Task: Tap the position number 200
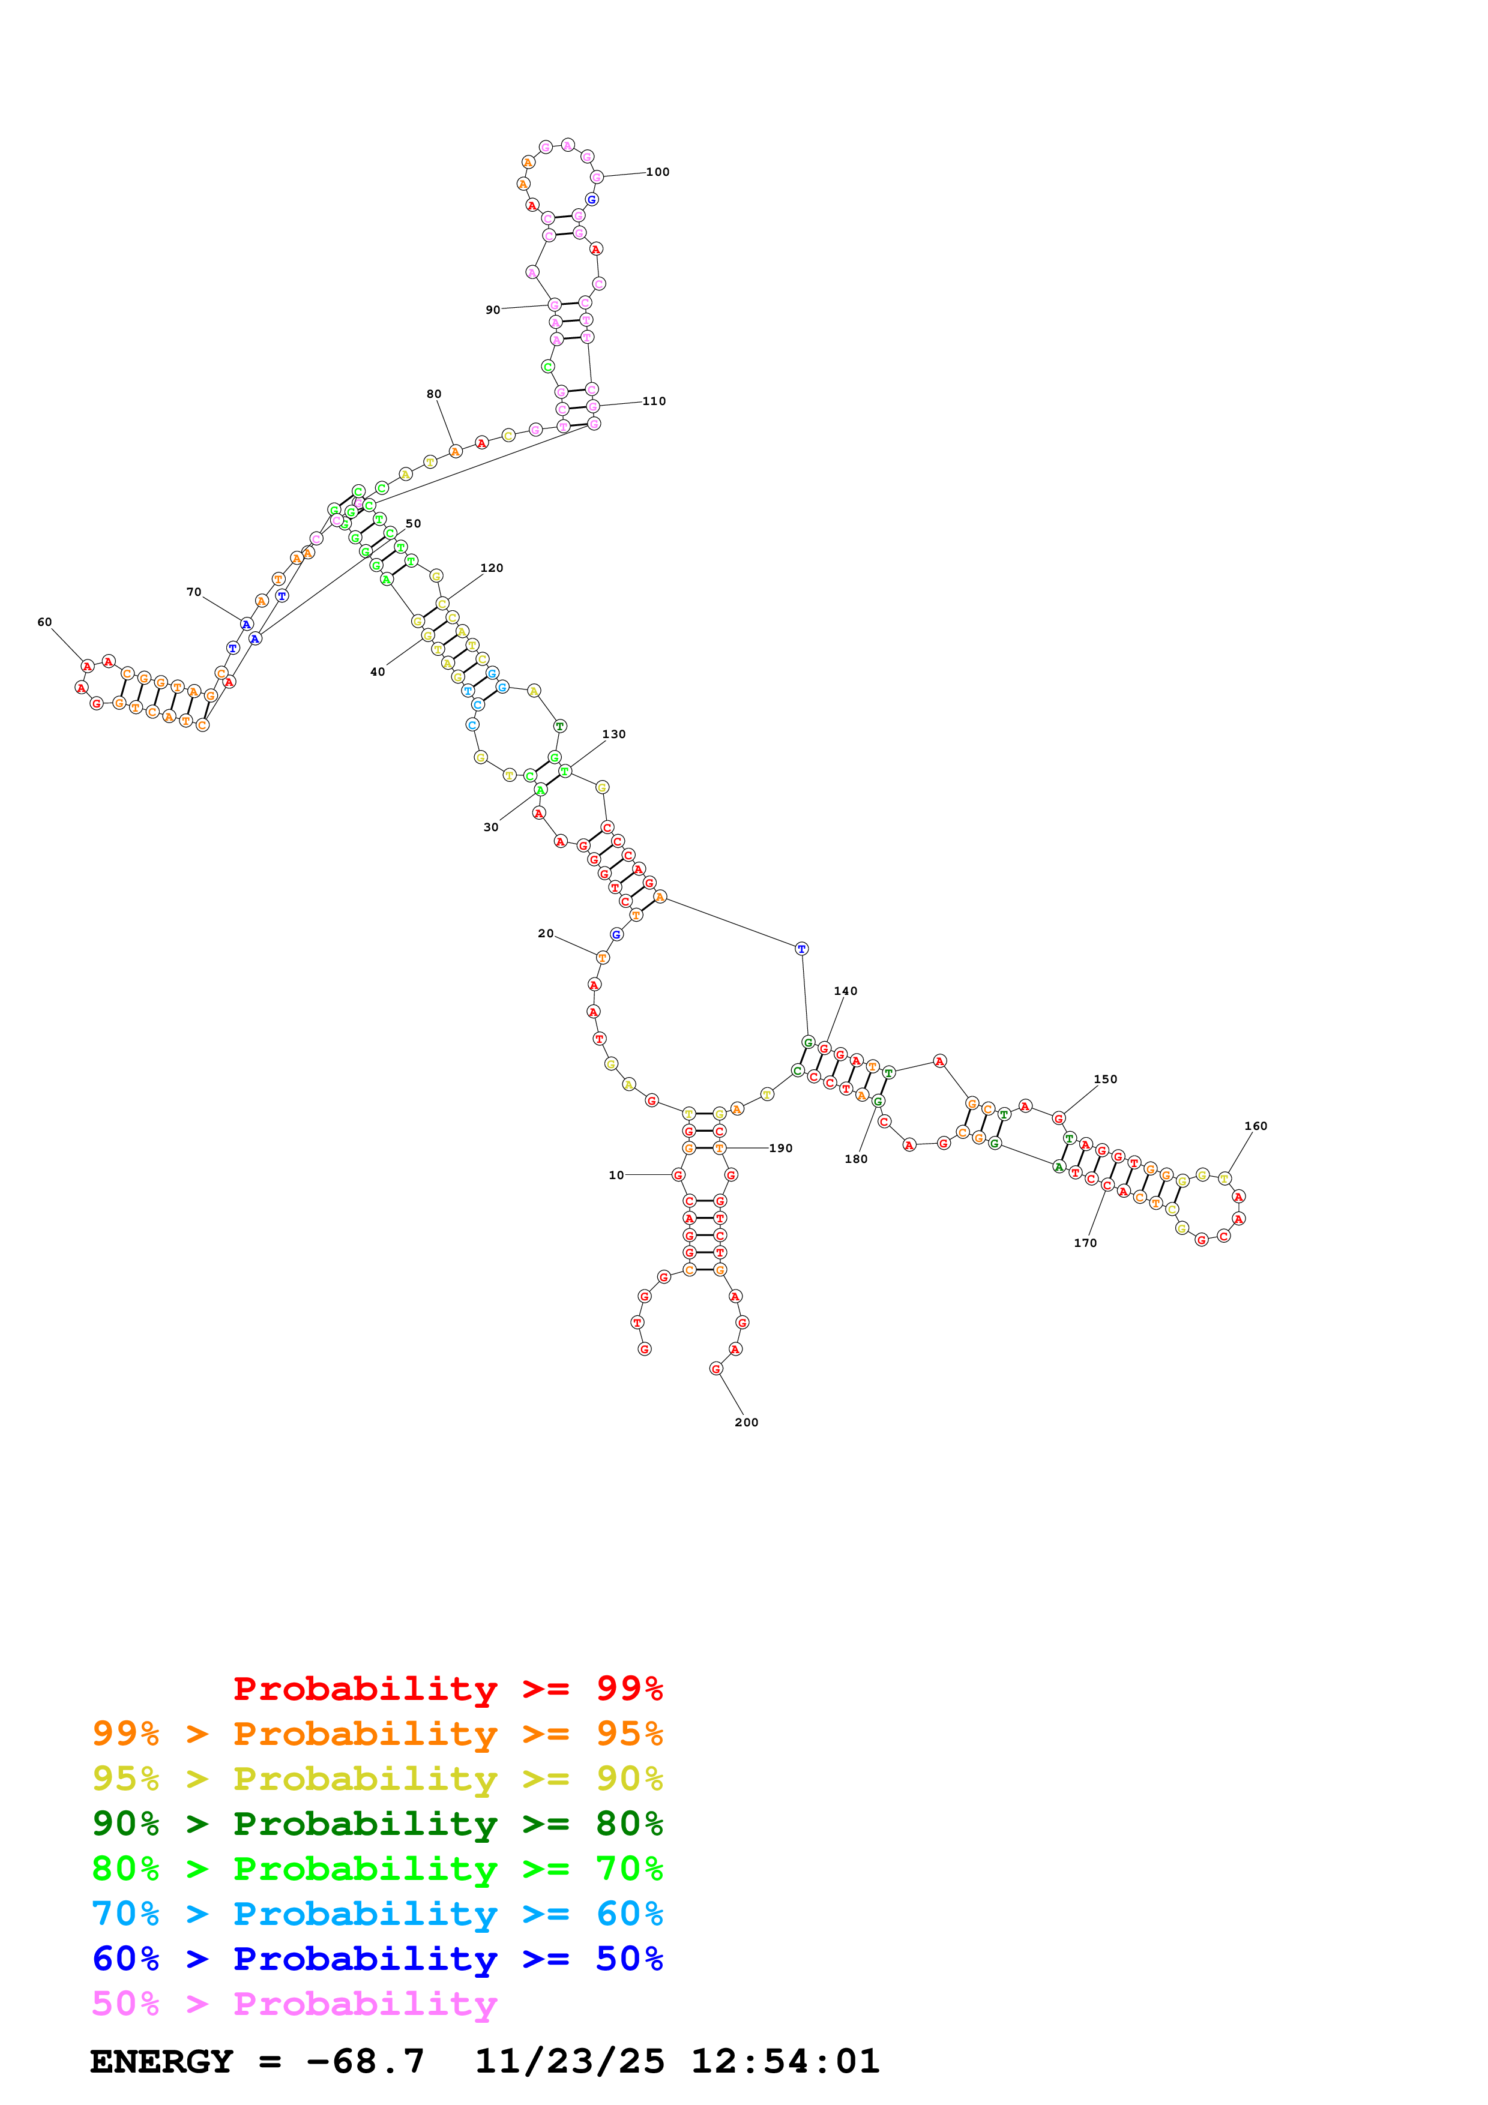(x=746, y=1422)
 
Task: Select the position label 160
(x=1255, y=1126)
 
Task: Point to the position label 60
(x=44, y=622)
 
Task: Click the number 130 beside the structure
(x=613, y=734)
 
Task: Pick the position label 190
(x=780, y=1148)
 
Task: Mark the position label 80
(x=433, y=394)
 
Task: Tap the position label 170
(x=1085, y=1243)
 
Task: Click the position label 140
(x=845, y=991)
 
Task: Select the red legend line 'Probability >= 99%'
(x=447, y=1688)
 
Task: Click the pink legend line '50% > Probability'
(x=294, y=2003)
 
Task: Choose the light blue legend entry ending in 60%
(x=377, y=1914)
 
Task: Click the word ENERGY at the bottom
(x=161, y=2061)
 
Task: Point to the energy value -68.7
(x=365, y=2061)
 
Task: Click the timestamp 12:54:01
(x=785, y=2061)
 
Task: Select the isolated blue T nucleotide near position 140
(x=801, y=949)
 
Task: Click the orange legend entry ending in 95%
(x=377, y=1733)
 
